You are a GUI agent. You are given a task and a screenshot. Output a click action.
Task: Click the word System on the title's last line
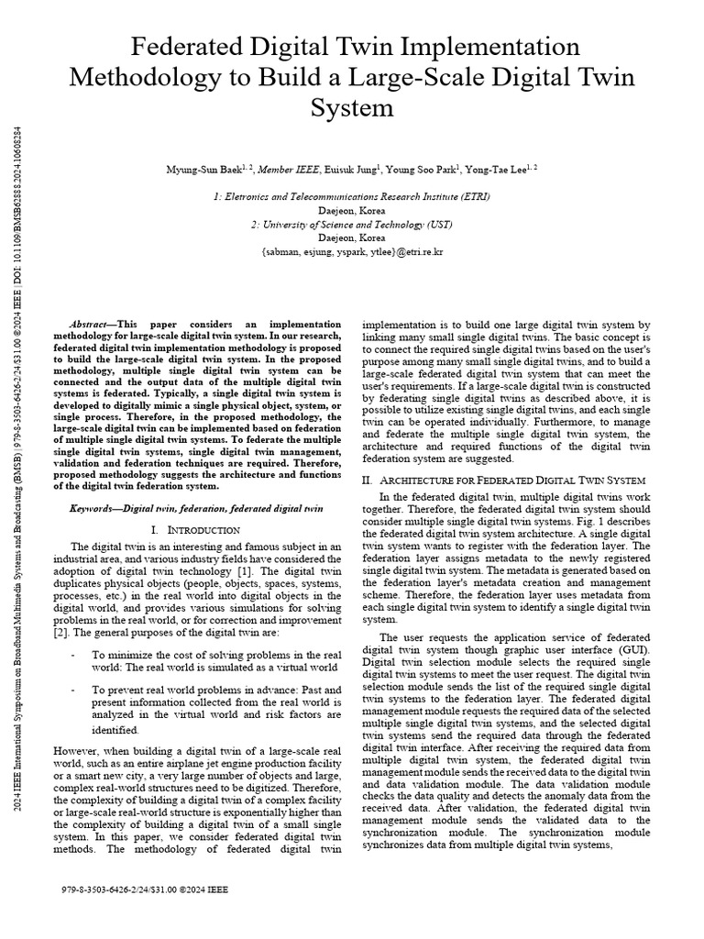pyautogui.click(x=352, y=109)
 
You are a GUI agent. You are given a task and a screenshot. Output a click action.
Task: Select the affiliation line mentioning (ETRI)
pyautogui.click(x=351, y=196)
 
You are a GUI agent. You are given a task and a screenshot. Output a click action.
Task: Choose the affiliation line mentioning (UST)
pyautogui.click(x=351, y=224)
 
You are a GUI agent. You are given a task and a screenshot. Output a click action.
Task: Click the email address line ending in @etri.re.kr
pyautogui.click(x=351, y=250)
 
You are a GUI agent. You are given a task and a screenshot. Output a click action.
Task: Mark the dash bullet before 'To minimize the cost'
pyautogui.click(x=72, y=655)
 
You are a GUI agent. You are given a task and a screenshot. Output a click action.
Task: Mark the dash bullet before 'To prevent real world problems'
pyautogui.click(x=72, y=689)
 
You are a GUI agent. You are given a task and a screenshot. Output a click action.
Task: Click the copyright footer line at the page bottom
pyautogui.click(x=145, y=889)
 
